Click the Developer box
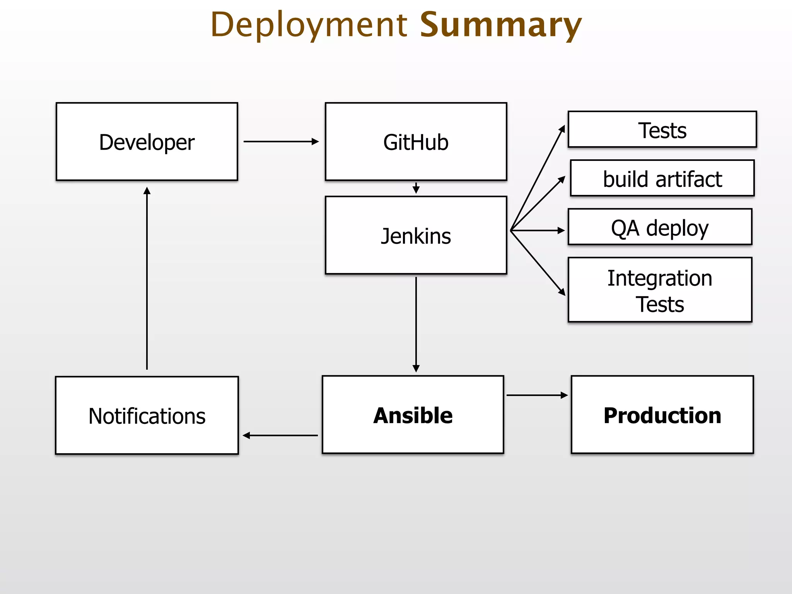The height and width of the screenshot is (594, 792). (147, 142)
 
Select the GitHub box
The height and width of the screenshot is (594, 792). (416, 142)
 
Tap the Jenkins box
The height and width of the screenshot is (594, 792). (416, 235)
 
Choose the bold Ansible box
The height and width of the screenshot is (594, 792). (413, 415)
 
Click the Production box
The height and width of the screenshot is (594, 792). (662, 415)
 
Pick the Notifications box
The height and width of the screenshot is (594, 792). (147, 415)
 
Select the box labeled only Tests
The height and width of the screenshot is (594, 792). (662, 130)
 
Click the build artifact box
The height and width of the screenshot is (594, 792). (662, 178)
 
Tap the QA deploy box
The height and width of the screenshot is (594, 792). (660, 227)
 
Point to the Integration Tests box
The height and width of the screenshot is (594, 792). (660, 290)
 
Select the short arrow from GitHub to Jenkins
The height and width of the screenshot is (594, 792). (416, 188)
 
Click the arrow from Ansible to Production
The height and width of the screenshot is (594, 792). (537, 395)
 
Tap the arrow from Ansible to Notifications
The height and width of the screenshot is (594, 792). (280, 435)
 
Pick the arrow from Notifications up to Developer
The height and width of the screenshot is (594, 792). (147, 278)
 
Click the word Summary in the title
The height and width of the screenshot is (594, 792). (500, 25)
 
